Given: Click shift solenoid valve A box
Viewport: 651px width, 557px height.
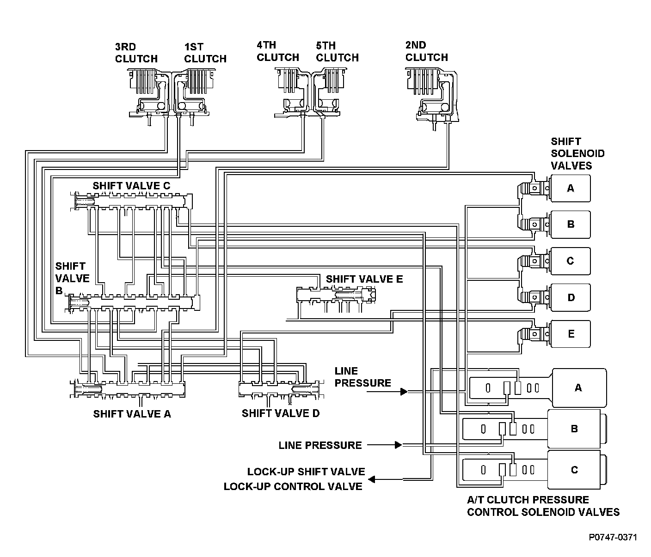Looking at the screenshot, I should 571,188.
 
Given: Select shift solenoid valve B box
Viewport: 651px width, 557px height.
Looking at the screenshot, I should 571,224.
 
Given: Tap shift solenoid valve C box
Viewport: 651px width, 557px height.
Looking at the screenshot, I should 571,261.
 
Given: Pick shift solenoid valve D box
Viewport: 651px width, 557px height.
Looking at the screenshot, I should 571,297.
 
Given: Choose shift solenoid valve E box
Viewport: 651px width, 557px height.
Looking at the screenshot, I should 571,334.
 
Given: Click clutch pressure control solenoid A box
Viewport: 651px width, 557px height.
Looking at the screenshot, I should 578,388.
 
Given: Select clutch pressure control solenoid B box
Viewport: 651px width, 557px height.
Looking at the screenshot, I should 575,429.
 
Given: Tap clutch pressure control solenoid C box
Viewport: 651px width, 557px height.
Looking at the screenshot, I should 575,470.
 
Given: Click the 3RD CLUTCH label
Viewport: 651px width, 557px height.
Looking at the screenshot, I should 136,53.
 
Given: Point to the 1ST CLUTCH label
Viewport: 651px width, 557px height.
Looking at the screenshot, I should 205,53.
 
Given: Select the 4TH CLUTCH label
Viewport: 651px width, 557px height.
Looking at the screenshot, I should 278,51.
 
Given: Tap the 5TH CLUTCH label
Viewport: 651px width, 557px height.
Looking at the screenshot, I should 338,52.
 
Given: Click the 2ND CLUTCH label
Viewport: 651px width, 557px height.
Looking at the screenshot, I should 426,51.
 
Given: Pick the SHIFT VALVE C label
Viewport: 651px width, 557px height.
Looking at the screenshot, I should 132,186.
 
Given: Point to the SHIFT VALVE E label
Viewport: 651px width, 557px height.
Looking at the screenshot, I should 364,279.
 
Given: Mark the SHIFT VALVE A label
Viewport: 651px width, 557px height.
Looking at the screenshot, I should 132,414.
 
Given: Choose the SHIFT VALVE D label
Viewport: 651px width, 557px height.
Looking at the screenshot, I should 281,413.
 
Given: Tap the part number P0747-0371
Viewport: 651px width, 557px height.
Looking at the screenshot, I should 613,537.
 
